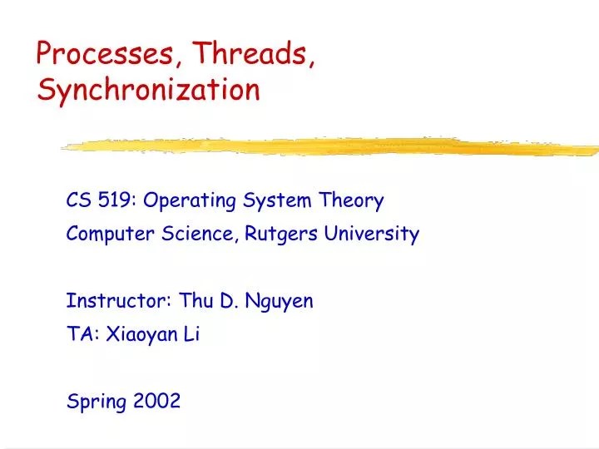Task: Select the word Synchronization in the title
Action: [149, 90]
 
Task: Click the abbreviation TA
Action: [77, 335]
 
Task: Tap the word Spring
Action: [94, 402]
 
